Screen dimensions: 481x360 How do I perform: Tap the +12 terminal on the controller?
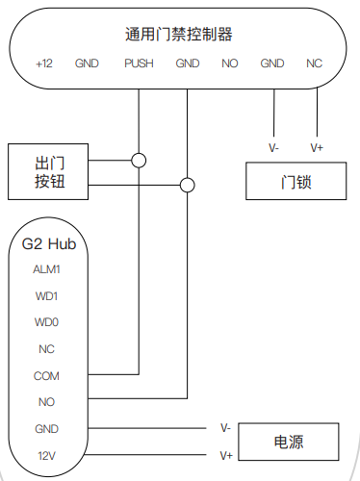coord(44,63)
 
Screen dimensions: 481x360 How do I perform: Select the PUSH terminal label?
coord(139,63)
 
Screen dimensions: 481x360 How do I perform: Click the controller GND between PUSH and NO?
coord(188,63)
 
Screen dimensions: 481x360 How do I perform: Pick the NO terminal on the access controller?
coord(229,63)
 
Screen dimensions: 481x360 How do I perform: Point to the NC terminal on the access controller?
coord(314,63)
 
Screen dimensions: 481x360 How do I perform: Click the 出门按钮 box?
coord(48,172)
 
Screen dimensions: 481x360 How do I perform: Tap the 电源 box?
coord(290,443)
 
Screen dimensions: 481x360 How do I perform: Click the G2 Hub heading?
coord(48,244)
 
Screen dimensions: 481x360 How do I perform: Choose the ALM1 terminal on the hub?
coord(47,270)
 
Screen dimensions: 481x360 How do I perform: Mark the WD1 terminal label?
coord(47,296)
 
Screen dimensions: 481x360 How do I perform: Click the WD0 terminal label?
coord(47,322)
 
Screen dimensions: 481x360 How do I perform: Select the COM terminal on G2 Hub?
coord(47,375)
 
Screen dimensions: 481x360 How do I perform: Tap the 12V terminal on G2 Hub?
coord(47,454)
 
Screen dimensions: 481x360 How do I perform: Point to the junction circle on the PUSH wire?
coord(140,160)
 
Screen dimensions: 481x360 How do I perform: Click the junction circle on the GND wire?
coord(188,185)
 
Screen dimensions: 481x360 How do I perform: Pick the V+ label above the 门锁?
coord(317,147)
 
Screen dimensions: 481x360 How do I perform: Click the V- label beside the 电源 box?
coord(225,426)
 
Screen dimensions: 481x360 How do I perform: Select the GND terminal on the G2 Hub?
coord(47,428)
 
